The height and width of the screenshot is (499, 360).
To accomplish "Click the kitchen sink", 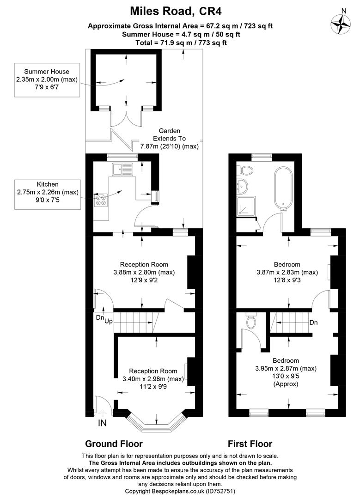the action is pyautogui.click(x=122, y=169).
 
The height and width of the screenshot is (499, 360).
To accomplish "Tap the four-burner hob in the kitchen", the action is pyautogui.click(x=101, y=201).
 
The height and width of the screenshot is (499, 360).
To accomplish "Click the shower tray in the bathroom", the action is pyautogui.click(x=245, y=206).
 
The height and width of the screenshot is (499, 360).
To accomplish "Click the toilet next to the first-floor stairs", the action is pyautogui.click(x=251, y=322).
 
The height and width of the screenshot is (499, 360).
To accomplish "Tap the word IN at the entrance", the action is pyautogui.click(x=102, y=423).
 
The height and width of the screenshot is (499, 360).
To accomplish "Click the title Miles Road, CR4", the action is pyautogui.click(x=176, y=12).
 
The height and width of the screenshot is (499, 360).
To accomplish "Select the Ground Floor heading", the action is pyautogui.click(x=114, y=444).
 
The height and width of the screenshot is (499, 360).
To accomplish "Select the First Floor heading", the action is pyautogui.click(x=250, y=444).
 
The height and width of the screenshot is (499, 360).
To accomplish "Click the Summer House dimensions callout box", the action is pyautogui.click(x=47, y=79).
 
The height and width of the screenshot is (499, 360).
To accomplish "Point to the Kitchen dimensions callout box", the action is pyautogui.click(x=48, y=195).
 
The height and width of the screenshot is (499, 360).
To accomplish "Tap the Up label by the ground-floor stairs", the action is pyautogui.click(x=109, y=322).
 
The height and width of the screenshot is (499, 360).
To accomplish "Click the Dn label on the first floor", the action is pyautogui.click(x=313, y=323).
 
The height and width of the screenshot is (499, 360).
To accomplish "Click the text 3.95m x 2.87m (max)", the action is pyautogui.click(x=286, y=369).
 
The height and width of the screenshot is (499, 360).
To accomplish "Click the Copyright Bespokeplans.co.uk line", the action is pyautogui.click(x=180, y=491).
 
